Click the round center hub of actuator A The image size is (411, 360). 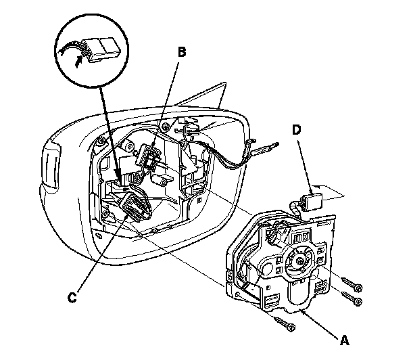pyautogui.click(x=297, y=258)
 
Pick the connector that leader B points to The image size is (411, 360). pyautogui.click(x=147, y=160)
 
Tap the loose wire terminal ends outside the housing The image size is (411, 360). pyautogui.click(x=271, y=143)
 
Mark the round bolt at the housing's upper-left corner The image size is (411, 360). pyautogui.click(x=101, y=143)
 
